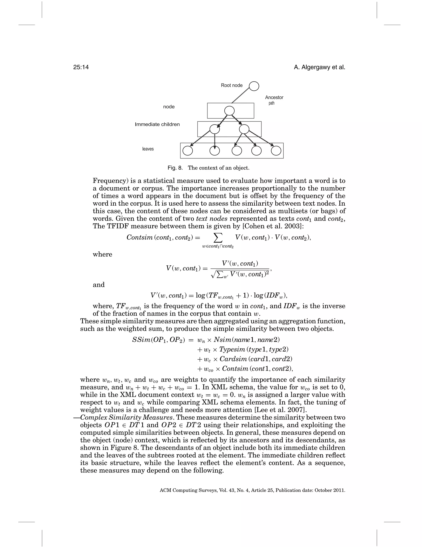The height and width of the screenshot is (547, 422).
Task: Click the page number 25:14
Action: coord(81,67)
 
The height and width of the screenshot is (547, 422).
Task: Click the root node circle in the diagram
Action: coord(254,86)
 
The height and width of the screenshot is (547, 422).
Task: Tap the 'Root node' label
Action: coord(231,85)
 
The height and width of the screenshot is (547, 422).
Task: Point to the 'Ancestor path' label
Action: coord(274,100)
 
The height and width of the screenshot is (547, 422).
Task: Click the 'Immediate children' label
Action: coord(157,124)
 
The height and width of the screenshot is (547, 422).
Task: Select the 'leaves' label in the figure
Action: coord(148,149)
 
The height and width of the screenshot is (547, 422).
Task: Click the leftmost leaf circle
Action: coord(188,151)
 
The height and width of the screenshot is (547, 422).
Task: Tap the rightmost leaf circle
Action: coord(276,151)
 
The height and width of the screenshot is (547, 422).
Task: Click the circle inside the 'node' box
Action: coord(230,111)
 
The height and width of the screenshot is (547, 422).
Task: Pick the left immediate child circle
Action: coord(215,129)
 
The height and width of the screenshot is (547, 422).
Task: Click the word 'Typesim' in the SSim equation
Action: coord(232,349)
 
